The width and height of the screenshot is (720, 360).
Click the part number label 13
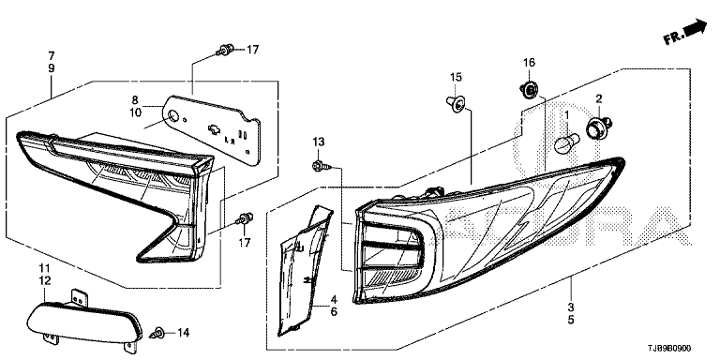(x=318, y=142)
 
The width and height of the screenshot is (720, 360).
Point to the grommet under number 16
(x=530, y=89)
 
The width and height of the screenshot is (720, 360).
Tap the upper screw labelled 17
(x=225, y=50)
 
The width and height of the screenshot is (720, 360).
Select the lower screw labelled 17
(x=245, y=218)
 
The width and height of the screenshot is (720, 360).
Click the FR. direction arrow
(x=686, y=32)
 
